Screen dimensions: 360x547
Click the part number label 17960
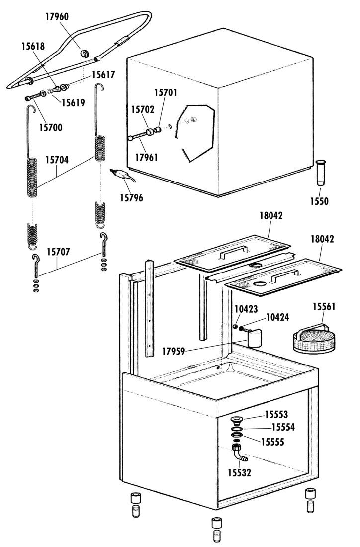[57, 17]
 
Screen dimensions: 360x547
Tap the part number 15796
[131, 198]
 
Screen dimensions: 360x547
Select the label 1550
[319, 201]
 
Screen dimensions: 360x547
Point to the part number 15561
[324, 307]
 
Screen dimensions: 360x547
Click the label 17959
[174, 351]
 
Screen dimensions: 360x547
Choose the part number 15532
[239, 473]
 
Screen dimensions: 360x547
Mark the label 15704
[57, 160]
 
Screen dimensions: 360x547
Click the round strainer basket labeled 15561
[314, 339]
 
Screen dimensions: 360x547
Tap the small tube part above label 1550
[321, 173]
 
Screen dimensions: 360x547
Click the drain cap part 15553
[237, 420]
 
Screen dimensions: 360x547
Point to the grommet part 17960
[85, 54]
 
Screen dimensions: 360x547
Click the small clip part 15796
[122, 175]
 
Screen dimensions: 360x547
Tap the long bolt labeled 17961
[138, 136]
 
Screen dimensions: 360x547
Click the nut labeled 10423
[235, 326]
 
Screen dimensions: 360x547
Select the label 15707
[59, 252]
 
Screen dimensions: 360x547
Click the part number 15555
[273, 442]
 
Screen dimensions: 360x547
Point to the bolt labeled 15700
[33, 96]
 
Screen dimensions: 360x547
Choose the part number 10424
[277, 317]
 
